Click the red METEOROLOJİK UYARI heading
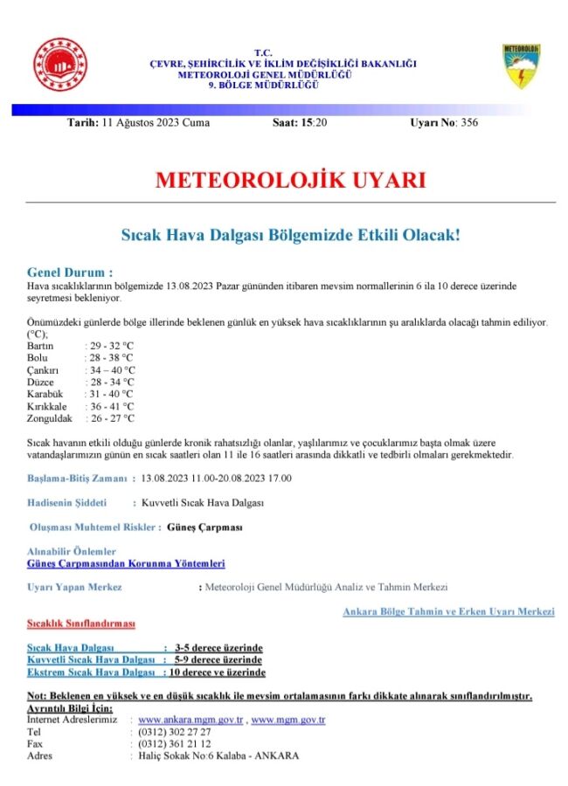(x=290, y=181)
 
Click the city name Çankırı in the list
(x=43, y=369)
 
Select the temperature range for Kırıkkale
(x=111, y=406)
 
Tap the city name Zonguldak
(x=49, y=418)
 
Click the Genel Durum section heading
(x=70, y=272)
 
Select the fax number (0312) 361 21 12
(x=175, y=744)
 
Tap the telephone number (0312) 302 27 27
(x=175, y=732)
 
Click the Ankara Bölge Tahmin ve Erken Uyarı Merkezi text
(x=449, y=611)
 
